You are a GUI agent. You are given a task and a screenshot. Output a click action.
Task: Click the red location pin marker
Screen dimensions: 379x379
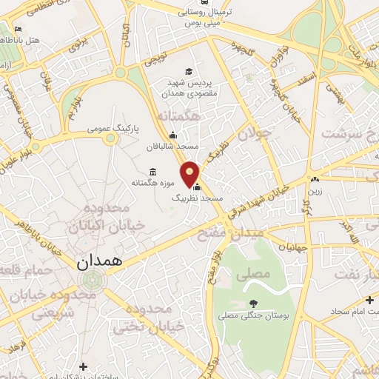click(x=191, y=173)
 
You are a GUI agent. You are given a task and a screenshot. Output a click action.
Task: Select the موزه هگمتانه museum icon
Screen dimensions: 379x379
click(x=152, y=172)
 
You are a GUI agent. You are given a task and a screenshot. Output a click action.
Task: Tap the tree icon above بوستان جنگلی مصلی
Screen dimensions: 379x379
click(x=254, y=303)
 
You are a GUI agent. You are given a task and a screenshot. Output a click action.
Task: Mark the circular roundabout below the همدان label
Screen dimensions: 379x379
click(x=92, y=281)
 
